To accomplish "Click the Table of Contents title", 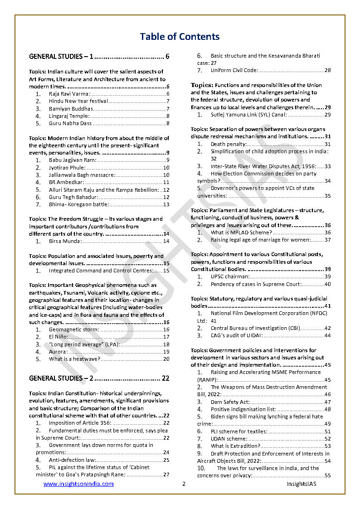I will pos(180,37).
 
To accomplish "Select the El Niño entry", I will pos(58,337).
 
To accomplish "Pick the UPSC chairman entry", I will pos(230,276).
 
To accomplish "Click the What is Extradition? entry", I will pos(235,446).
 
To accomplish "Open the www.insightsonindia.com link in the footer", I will pos(78,484).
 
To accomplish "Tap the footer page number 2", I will pos(184,484).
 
